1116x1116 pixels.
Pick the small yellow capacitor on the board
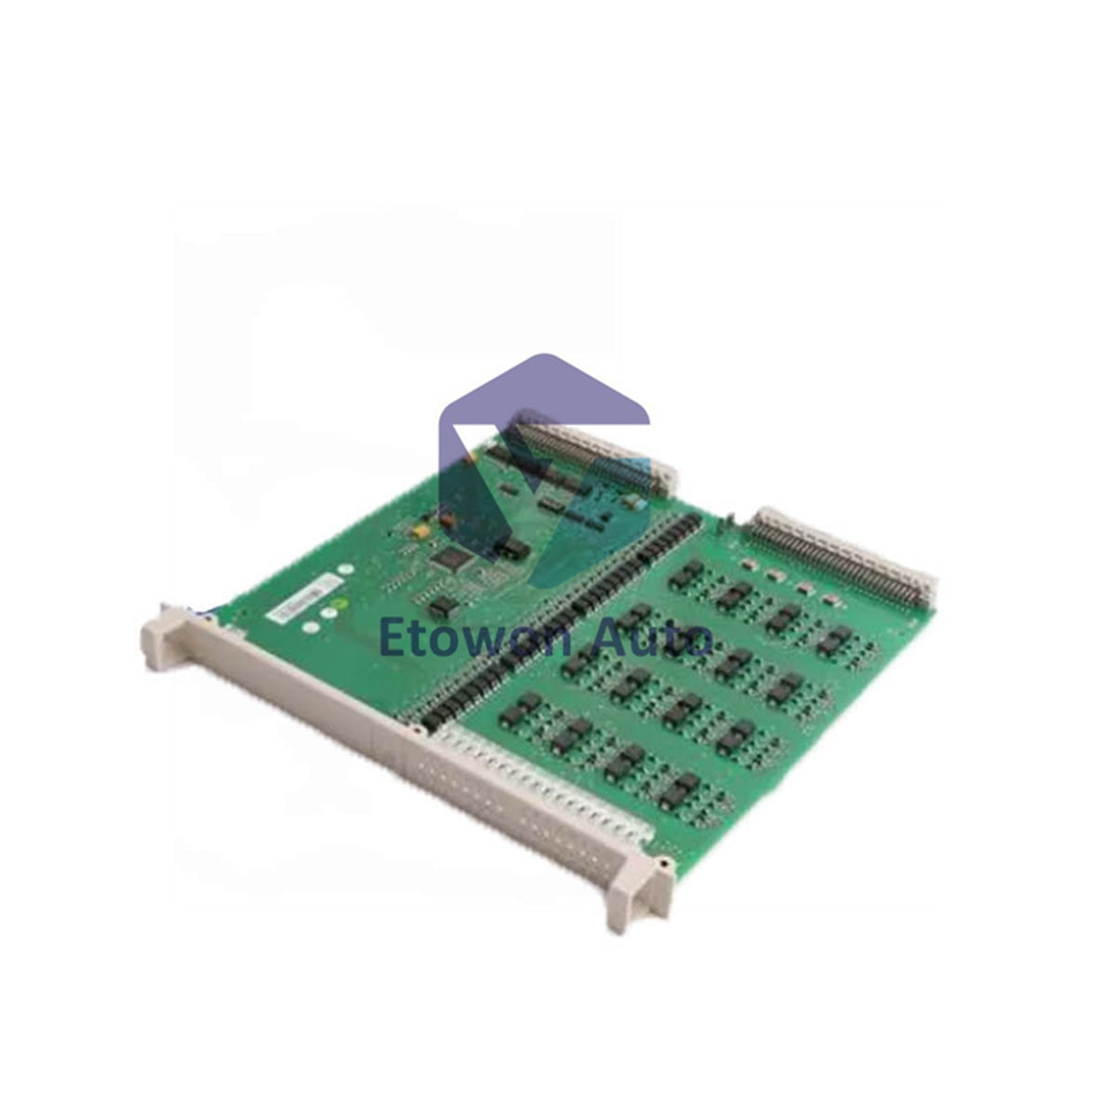[422, 529]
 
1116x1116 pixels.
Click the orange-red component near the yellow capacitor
[446, 520]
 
